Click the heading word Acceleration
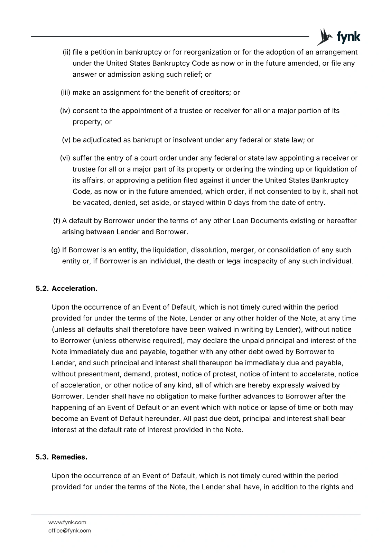tap(74, 288)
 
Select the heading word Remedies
tap(69, 457)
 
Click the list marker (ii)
tap(66, 52)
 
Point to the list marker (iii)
tap(65, 93)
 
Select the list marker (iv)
tap(65, 111)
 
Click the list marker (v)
tap(66, 140)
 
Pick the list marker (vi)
tap(65, 158)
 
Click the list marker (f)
tap(56, 221)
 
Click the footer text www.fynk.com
tap(67, 522)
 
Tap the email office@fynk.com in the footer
tap(69, 531)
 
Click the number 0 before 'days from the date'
tap(229, 203)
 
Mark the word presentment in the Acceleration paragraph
tap(98, 374)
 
